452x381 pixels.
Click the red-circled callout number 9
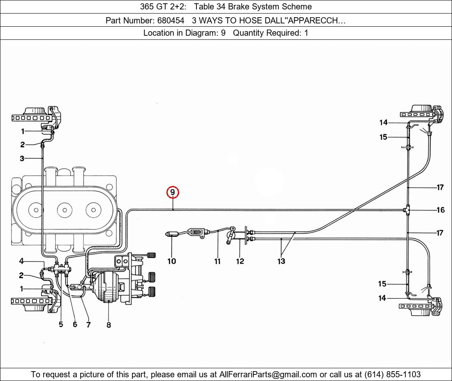173,193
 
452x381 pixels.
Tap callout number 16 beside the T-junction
440,210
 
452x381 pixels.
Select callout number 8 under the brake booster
108,325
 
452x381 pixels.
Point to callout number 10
171,261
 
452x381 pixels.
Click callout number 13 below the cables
281,261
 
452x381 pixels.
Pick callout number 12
240,261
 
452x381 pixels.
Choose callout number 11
217,261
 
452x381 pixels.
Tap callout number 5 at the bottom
61,324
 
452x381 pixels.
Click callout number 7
88,325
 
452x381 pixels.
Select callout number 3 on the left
22,158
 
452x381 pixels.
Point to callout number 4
22,261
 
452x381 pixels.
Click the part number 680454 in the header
171,21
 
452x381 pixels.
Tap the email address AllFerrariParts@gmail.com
268,374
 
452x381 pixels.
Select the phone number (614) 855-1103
392,374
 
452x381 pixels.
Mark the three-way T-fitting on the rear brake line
407,210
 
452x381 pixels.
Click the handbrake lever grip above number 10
172,234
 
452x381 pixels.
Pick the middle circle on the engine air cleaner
65,210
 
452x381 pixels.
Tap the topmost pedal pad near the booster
151,255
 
